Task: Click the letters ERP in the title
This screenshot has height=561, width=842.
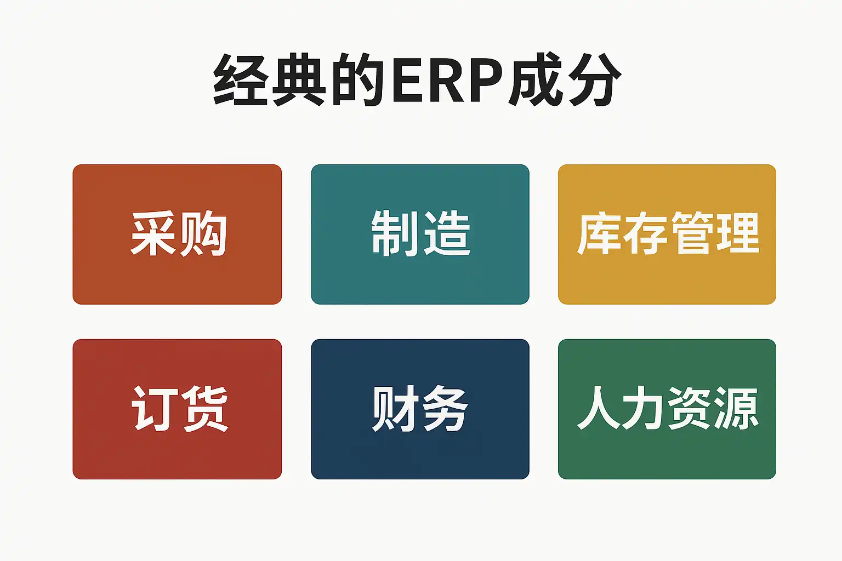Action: (448, 80)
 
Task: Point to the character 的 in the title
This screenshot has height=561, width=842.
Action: (358, 79)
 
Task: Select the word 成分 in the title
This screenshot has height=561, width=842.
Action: (565, 79)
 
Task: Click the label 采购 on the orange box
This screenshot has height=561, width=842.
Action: (179, 234)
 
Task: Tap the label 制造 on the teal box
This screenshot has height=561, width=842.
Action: (420, 233)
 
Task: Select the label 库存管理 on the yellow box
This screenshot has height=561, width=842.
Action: (668, 233)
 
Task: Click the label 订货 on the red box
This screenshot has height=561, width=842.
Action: (179, 409)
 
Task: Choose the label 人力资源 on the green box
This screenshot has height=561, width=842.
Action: (668, 408)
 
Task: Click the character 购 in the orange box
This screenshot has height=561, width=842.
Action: (203, 234)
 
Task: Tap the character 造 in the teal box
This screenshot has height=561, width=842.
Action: (446, 233)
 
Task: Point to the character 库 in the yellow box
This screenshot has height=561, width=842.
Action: (599, 233)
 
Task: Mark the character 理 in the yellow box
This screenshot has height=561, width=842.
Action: (737, 233)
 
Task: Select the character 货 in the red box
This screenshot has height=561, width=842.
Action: (204, 409)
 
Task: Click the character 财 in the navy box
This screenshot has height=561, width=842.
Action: (394, 409)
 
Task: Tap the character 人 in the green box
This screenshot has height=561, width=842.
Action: (599, 408)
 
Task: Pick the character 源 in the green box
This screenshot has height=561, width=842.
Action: (736, 408)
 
